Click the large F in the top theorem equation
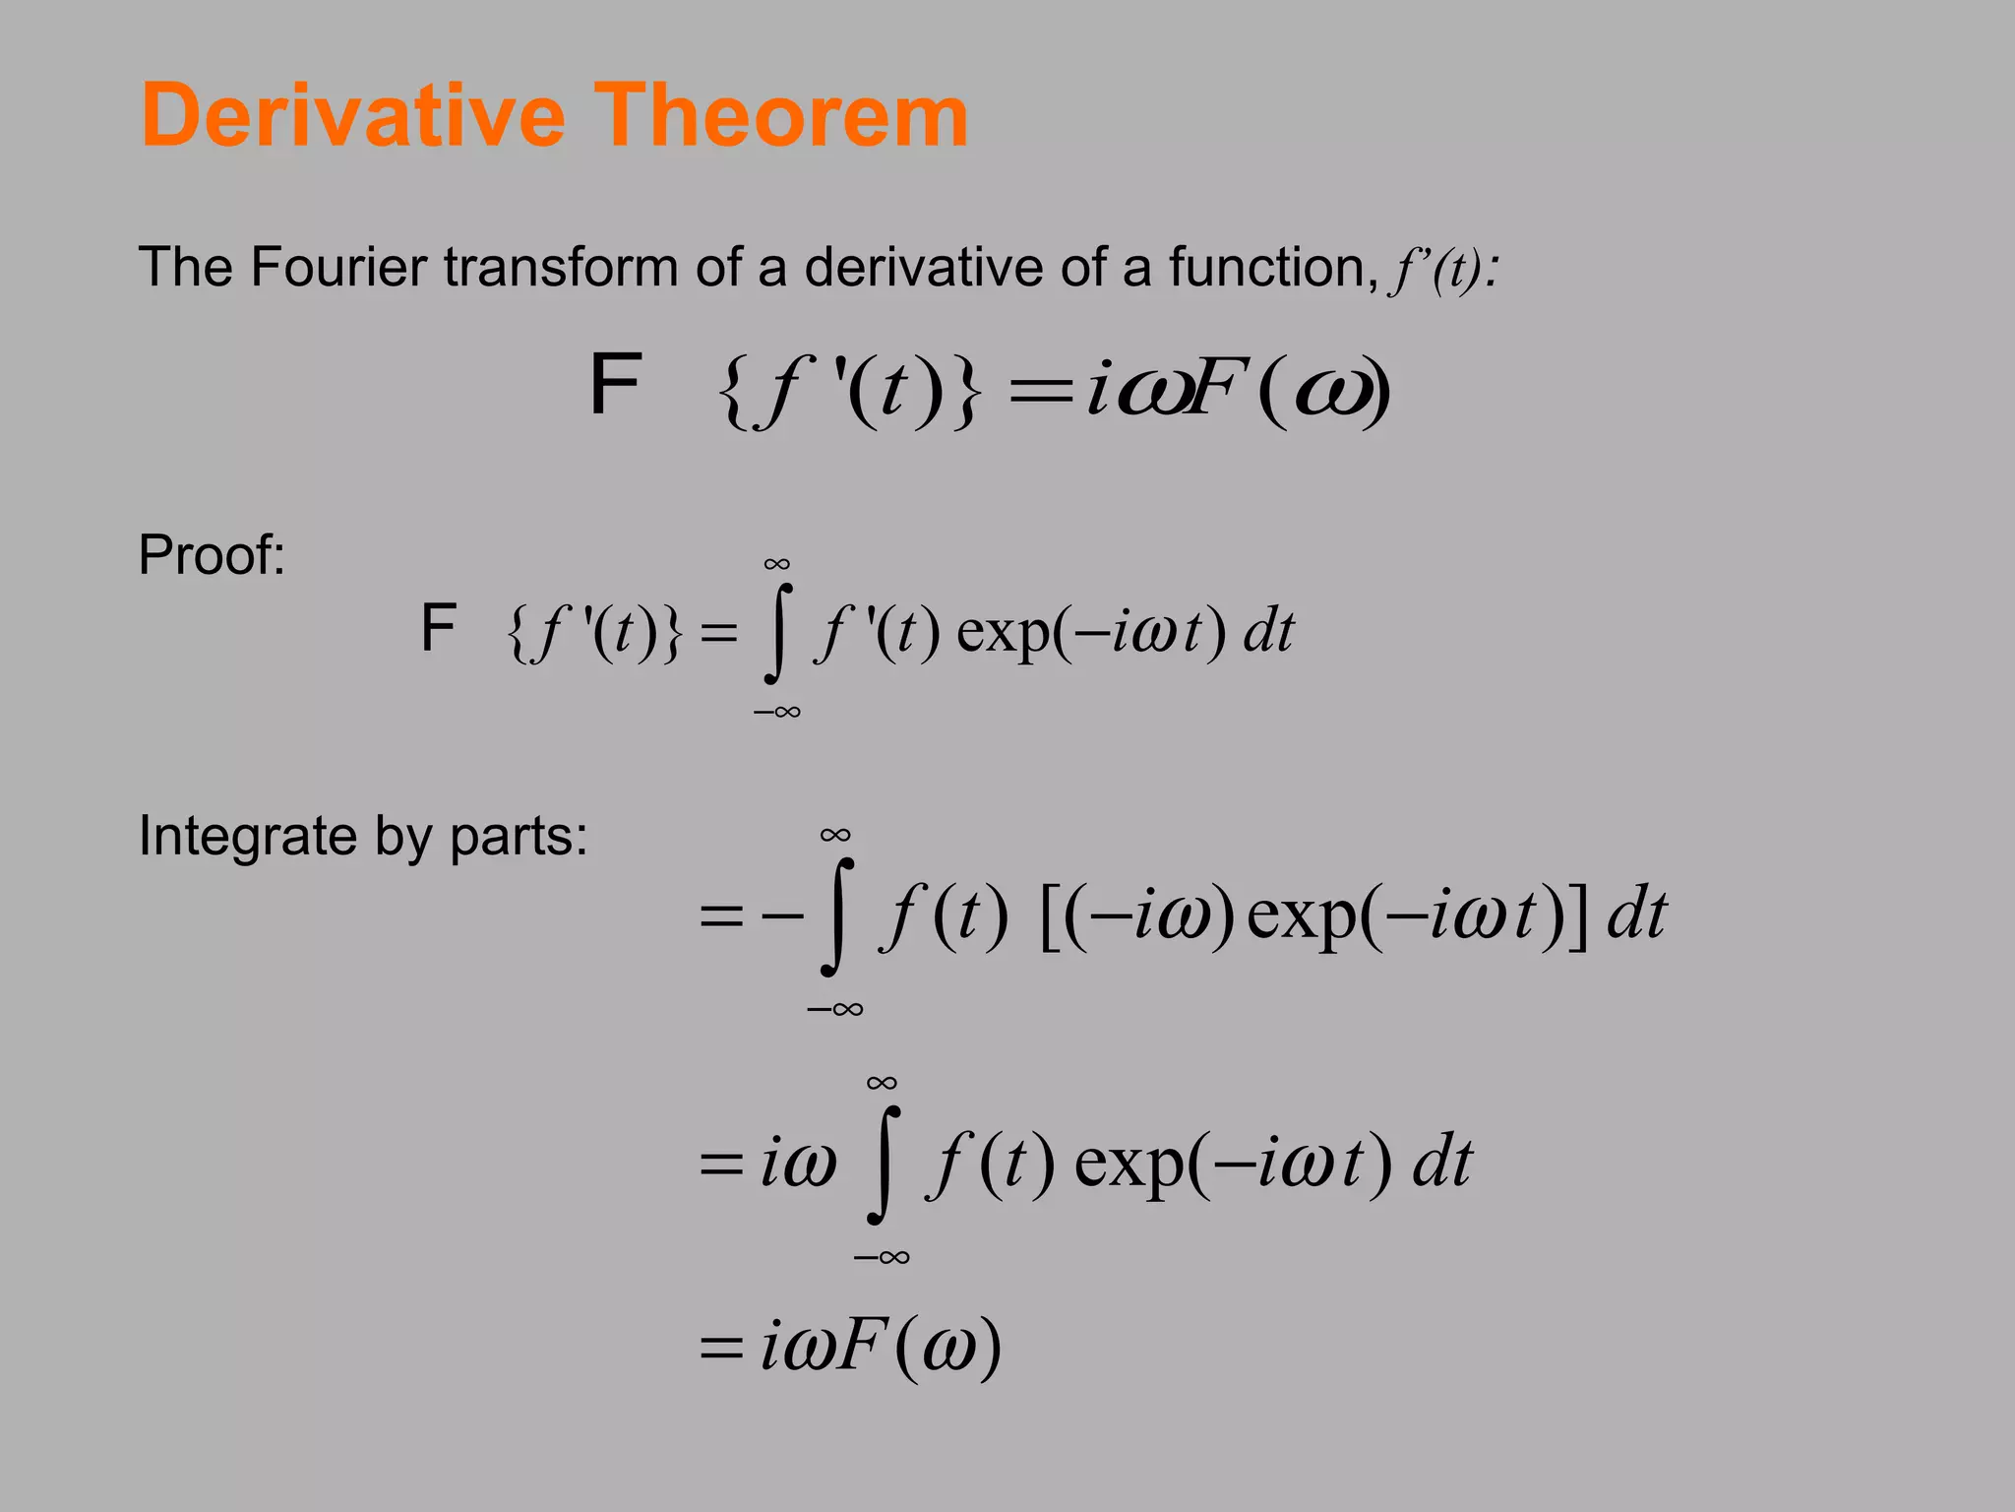click(616, 385)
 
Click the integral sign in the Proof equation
click(777, 633)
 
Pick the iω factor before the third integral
click(798, 1163)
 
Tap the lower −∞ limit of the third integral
click(882, 1257)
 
